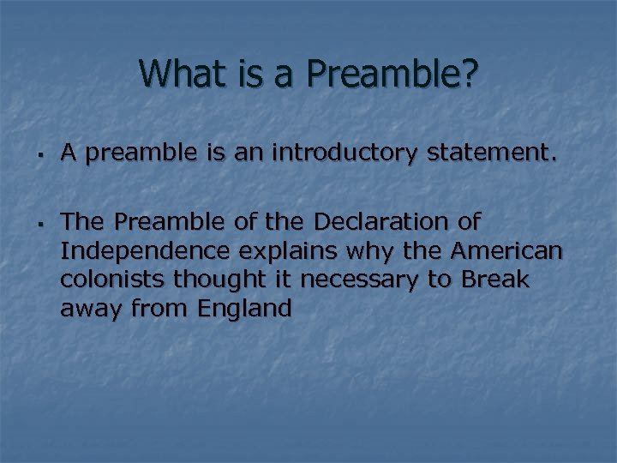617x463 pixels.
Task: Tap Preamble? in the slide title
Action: (398, 75)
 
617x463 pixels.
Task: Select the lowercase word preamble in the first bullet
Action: (130, 154)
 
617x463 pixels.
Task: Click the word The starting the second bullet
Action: (81, 222)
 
